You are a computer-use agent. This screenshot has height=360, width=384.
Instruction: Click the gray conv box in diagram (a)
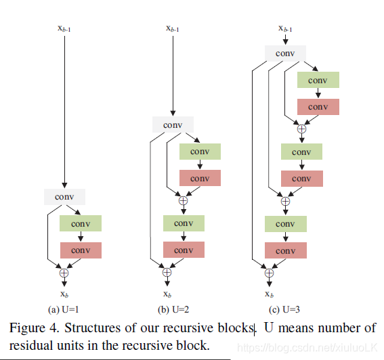point(64,197)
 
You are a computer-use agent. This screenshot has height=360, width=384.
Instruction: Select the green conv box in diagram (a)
point(81,223)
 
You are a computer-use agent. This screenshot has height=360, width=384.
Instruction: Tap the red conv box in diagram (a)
point(81,250)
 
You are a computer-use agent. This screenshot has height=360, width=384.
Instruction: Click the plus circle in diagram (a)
point(64,273)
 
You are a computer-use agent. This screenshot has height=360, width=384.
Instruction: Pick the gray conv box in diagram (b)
point(173,125)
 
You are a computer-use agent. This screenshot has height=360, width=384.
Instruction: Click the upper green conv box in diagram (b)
point(200,152)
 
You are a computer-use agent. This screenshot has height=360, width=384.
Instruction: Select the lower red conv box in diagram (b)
point(184,250)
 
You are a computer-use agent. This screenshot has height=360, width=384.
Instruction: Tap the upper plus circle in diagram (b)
point(183,201)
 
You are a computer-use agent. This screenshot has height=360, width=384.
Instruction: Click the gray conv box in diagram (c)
point(285,53)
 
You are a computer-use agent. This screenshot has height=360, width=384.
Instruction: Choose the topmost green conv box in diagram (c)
point(318,80)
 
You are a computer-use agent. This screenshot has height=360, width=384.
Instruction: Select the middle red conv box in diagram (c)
point(302,179)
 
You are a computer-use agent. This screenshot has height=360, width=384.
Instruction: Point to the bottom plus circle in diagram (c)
point(269,273)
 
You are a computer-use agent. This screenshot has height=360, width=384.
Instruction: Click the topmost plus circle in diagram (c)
point(302,129)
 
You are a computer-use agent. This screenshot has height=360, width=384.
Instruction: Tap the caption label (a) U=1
point(64,309)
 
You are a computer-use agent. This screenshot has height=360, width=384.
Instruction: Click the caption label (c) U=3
point(284,309)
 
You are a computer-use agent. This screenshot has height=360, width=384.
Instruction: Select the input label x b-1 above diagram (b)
point(173,28)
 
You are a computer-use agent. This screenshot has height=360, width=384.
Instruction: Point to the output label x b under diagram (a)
point(64,294)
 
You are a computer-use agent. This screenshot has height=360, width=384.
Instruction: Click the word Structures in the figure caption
point(93,328)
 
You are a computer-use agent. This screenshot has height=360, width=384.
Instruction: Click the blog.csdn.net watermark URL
point(307,348)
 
